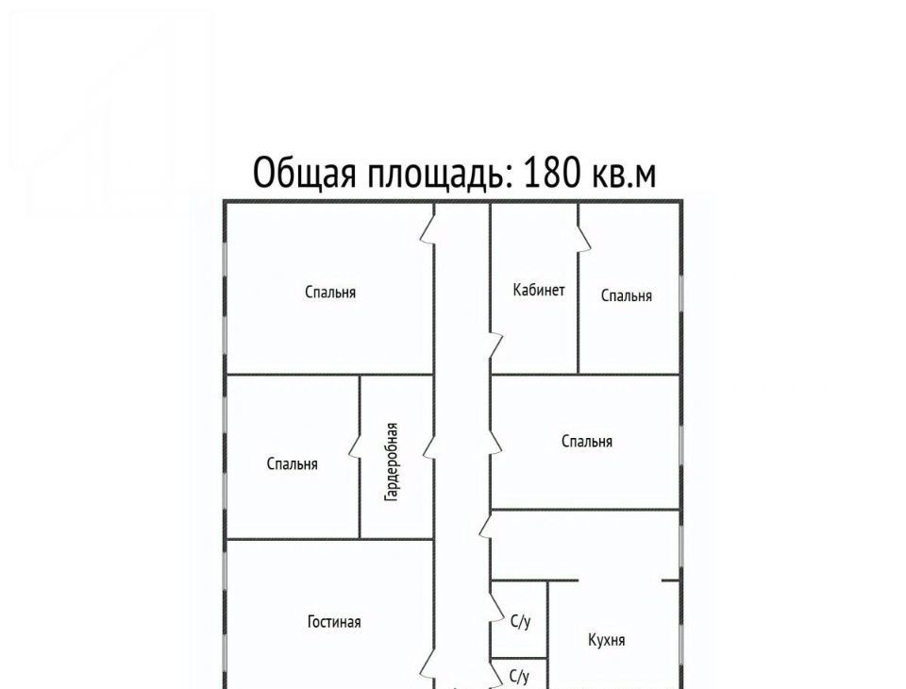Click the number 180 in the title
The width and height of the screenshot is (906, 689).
pos(551,173)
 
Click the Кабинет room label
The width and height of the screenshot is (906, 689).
pos(539,290)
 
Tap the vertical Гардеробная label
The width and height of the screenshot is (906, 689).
pos(392,462)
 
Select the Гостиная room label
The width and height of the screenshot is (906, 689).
pos(334,622)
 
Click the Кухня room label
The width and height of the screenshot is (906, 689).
pos(606,641)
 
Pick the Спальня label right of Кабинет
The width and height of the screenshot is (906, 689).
pos(627,296)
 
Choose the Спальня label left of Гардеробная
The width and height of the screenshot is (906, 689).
pos(292,464)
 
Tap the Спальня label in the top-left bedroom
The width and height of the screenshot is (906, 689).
pos(330,293)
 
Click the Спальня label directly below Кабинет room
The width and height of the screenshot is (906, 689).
pos(586,442)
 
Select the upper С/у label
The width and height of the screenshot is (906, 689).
pos(521,622)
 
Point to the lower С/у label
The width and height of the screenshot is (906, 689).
pos(519,677)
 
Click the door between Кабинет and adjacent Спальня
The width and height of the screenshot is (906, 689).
pos(583,238)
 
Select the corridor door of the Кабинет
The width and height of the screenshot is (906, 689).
pos(496,345)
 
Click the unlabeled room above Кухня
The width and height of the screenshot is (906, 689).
pos(585,546)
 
